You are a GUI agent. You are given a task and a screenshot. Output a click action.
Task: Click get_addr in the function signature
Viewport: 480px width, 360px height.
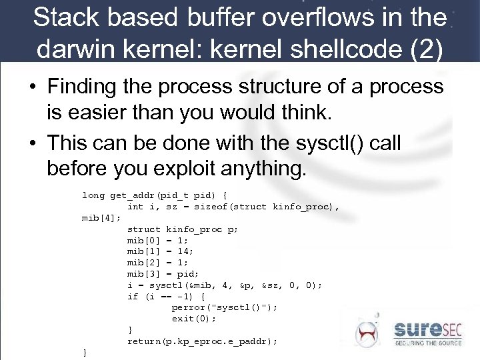pos(130,195)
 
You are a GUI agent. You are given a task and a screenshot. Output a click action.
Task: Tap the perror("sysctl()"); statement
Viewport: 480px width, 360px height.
pos(224,307)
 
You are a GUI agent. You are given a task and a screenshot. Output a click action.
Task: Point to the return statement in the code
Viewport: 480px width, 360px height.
pos(202,341)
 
